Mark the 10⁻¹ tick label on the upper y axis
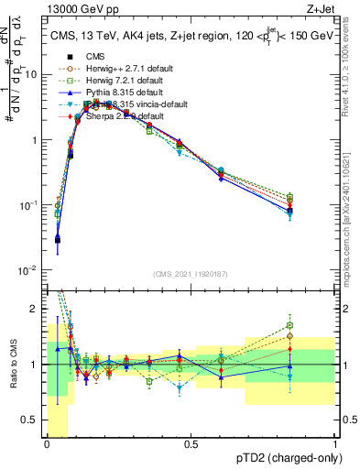(30, 205)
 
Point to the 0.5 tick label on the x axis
(191, 444)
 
